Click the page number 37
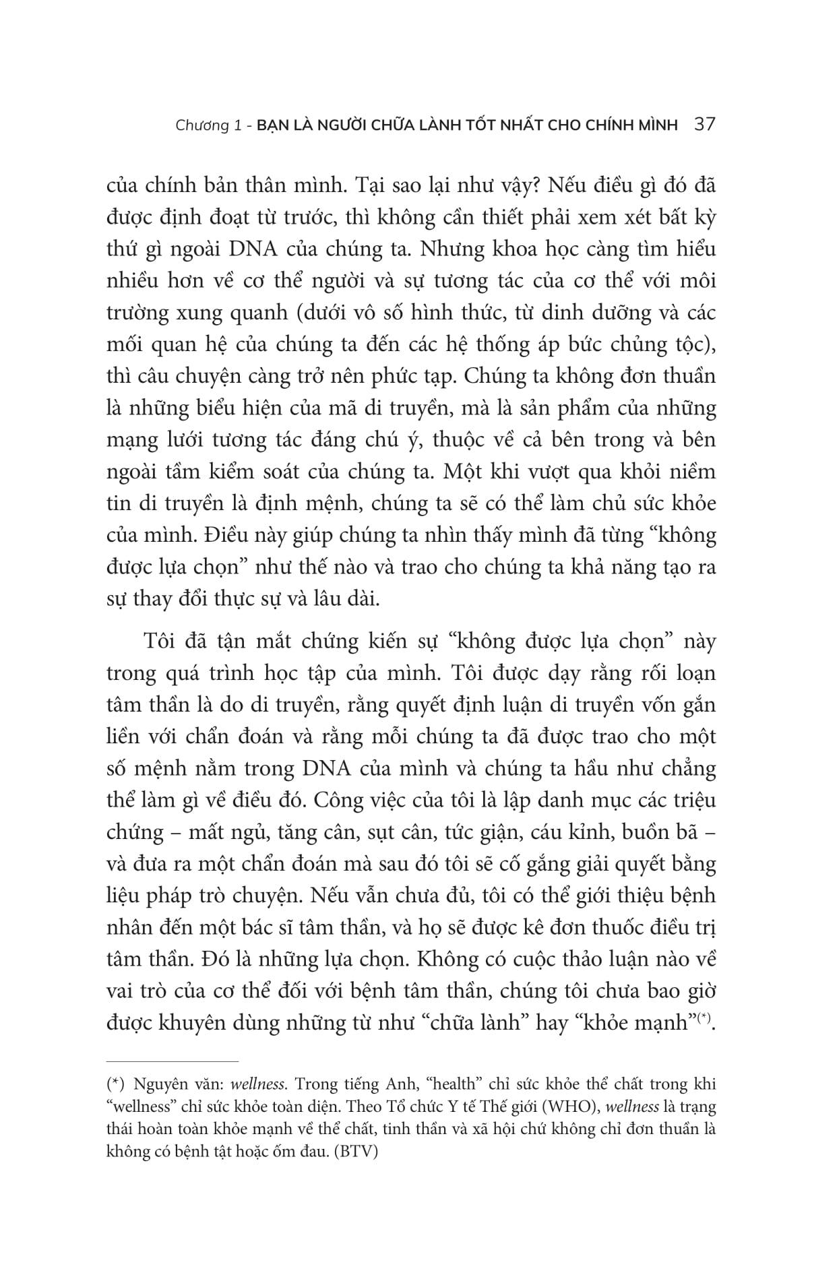point(704,125)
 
